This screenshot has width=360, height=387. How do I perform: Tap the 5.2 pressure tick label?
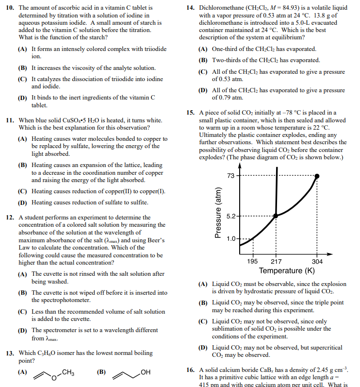(231, 216)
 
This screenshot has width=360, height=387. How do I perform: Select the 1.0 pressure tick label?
(231, 239)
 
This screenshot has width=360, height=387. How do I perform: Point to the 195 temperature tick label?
(253, 262)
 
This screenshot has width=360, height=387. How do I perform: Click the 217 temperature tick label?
(276, 262)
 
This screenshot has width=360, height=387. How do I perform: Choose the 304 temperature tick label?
(317, 262)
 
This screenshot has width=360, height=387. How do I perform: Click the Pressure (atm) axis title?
(218, 212)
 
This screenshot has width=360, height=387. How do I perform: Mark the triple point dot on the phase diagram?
(276, 216)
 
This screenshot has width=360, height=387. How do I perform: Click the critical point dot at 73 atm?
(317, 176)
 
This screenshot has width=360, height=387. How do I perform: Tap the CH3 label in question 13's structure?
(68, 372)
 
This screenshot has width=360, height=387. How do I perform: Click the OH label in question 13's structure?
(145, 372)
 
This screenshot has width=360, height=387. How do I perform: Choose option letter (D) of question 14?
(203, 91)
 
